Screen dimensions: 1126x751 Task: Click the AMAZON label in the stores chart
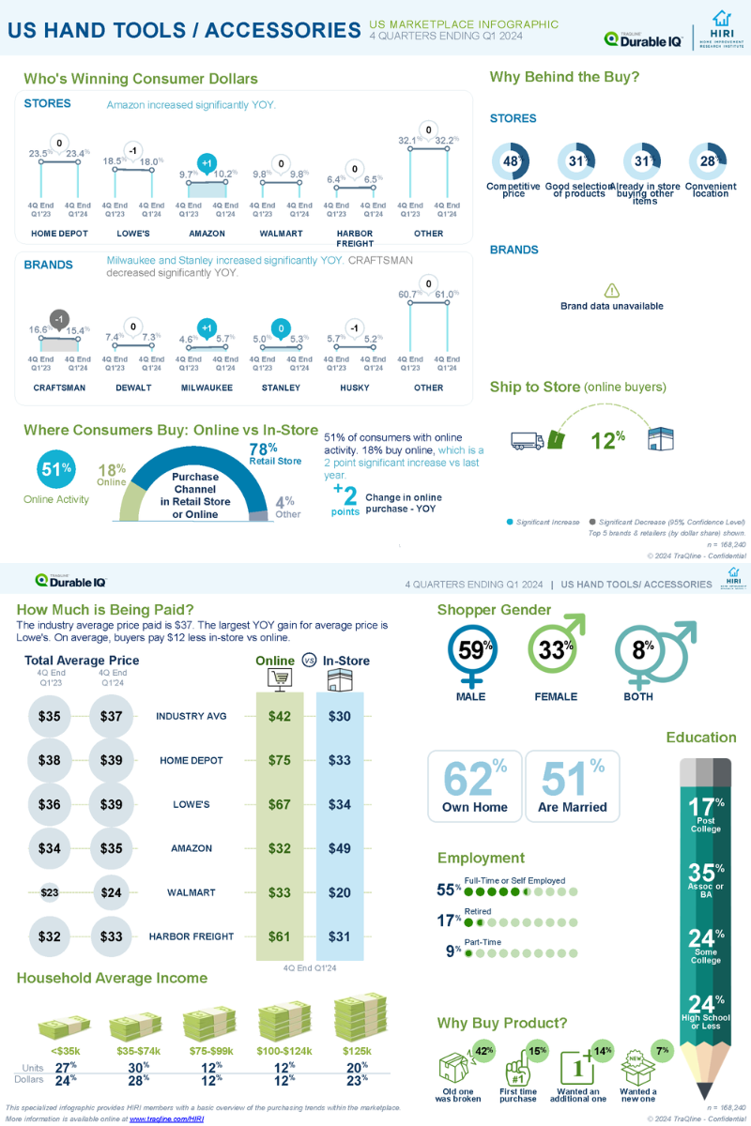(207, 234)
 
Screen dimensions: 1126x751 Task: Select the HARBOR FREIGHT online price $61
(279, 936)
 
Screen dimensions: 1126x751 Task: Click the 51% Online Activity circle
(56, 470)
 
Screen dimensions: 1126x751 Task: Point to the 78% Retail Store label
(275, 455)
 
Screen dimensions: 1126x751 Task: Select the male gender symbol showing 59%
(471, 649)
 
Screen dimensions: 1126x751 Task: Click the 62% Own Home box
(474, 786)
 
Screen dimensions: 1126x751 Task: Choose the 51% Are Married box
(572, 786)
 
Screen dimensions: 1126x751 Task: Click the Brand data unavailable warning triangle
(612, 291)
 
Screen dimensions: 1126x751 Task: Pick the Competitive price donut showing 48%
(513, 161)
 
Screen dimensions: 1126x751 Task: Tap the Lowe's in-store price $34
(340, 804)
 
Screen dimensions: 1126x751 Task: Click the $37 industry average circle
(112, 716)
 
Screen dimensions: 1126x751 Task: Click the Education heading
(701, 738)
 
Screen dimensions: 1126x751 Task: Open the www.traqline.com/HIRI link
(166, 1119)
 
